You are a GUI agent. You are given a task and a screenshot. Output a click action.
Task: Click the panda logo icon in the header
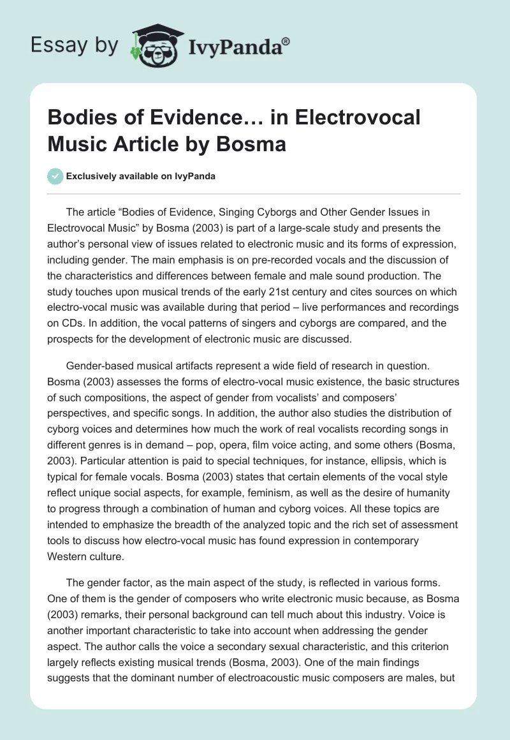tap(154, 44)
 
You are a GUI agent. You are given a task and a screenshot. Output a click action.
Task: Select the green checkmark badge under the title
tap(55, 177)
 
